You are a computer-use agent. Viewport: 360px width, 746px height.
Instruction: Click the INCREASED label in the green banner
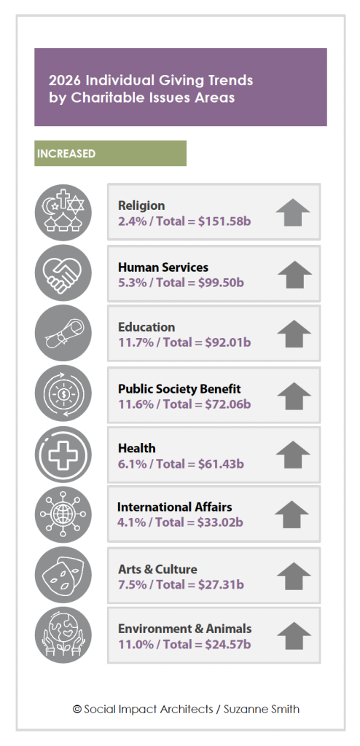(66, 154)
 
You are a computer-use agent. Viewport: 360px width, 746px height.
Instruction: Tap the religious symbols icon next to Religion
(63, 213)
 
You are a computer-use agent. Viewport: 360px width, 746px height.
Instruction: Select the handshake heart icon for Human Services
(63, 273)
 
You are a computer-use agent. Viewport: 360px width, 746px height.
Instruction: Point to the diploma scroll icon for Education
(63, 334)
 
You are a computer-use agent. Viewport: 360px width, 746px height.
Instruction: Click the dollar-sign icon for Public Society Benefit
(63, 393)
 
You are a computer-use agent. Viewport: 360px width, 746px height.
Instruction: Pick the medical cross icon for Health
(63, 455)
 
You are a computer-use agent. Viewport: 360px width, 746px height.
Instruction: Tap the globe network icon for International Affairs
(63, 514)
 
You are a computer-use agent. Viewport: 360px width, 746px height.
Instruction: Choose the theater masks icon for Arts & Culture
(63, 576)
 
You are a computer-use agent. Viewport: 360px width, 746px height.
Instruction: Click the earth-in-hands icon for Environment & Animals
(63, 635)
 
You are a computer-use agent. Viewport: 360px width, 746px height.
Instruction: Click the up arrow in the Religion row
(293, 212)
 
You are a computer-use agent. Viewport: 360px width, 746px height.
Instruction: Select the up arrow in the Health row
(293, 455)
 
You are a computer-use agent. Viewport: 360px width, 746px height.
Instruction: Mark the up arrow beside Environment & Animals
(294, 635)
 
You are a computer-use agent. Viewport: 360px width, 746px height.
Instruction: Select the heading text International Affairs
(175, 507)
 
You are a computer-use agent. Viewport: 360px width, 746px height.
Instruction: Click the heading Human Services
(163, 267)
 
